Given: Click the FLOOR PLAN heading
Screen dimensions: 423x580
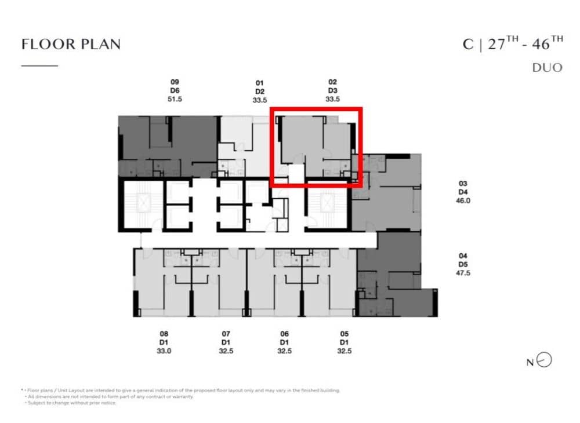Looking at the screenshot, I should pos(71,45).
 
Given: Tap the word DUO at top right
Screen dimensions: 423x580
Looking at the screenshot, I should pos(547,68).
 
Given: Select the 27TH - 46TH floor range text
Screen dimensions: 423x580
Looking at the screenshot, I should pos(525,44).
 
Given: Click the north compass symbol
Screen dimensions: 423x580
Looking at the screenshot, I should pos(545,360).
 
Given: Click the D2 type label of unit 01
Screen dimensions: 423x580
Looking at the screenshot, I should pos(260,92).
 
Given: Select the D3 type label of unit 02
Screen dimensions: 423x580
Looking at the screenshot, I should pos(332,91).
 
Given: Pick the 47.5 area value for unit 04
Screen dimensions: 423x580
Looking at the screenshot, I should pos(463,272).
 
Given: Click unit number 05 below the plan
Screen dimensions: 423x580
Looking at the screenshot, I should pos(344,334).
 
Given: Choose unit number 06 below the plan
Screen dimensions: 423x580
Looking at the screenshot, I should pos(284,334).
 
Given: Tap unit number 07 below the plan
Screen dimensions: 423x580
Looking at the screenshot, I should pos(226,334).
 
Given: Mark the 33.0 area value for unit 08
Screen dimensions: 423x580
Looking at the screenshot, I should pos(164,351).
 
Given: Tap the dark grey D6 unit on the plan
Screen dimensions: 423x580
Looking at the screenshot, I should pos(168,139).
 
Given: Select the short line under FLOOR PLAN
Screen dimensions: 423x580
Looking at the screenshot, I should pos(39,65).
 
